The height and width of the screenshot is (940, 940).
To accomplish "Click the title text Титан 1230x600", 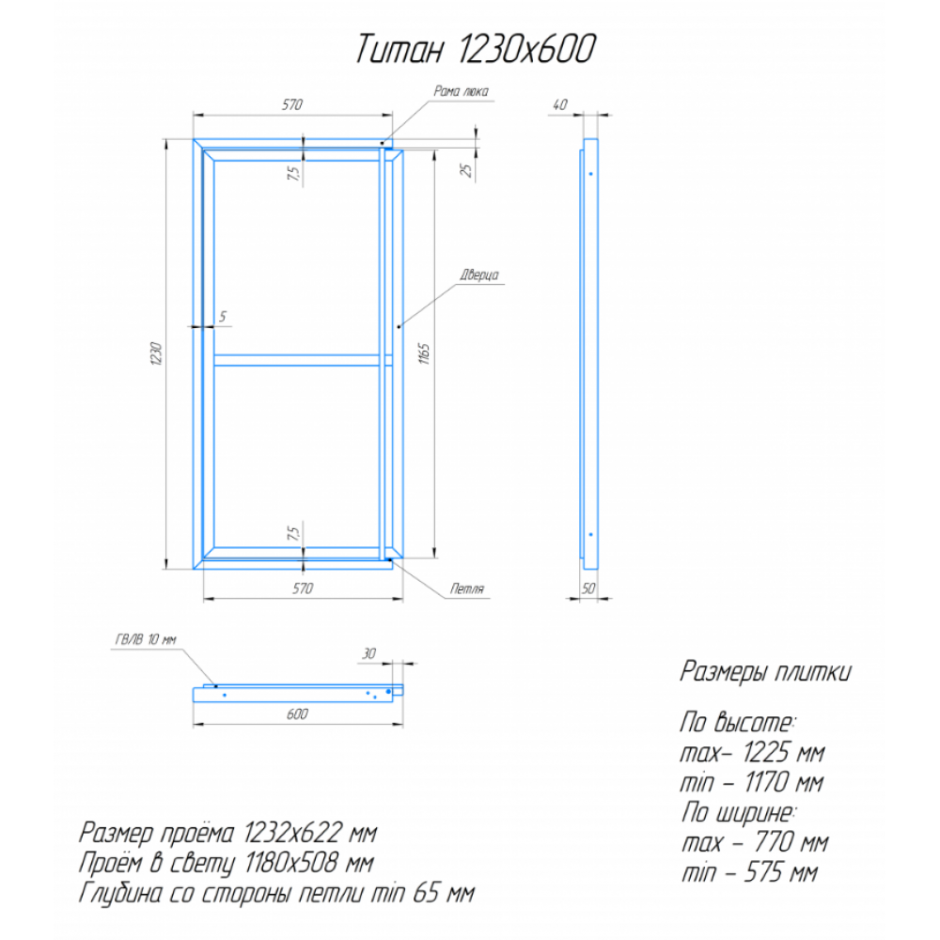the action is pyautogui.click(x=476, y=49).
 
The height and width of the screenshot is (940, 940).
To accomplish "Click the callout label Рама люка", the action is pyautogui.click(x=461, y=91).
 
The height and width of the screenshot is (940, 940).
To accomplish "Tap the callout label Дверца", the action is pyautogui.click(x=479, y=275).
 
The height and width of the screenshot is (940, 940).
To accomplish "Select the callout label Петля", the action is pyautogui.click(x=467, y=588).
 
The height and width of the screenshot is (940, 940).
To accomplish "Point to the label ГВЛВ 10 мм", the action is pyautogui.click(x=146, y=639).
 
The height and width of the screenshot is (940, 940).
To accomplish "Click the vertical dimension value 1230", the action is pyautogui.click(x=156, y=353).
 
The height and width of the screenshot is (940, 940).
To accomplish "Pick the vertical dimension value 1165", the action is pyautogui.click(x=424, y=353).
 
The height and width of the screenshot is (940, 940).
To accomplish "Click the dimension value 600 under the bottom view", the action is pyautogui.click(x=297, y=714).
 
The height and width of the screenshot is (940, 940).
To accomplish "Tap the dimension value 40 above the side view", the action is pyautogui.click(x=559, y=105).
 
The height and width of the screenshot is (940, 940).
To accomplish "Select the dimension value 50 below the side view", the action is pyautogui.click(x=588, y=588).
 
